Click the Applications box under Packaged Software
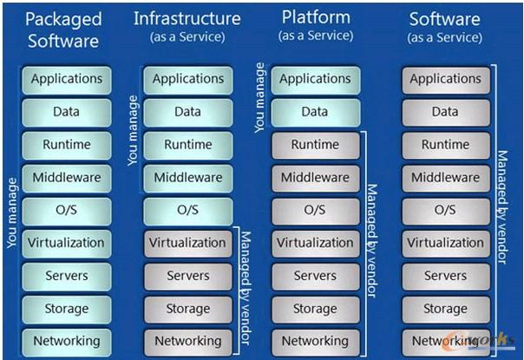(x=67, y=79)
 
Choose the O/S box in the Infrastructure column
(x=187, y=210)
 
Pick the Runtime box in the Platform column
(x=315, y=144)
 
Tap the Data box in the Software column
(x=445, y=112)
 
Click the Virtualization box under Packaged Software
(x=67, y=243)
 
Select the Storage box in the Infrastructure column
(x=187, y=308)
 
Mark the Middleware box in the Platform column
(x=315, y=177)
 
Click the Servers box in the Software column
(x=445, y=276)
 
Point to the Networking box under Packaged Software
(x=67, y=341)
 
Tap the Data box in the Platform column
(x=315, y=112)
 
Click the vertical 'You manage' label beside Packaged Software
(x=12, y=213)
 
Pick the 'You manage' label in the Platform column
(x=259, y=95)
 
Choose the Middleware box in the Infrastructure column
(x=187, y=177)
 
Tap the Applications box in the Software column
(x=445, y=79)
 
